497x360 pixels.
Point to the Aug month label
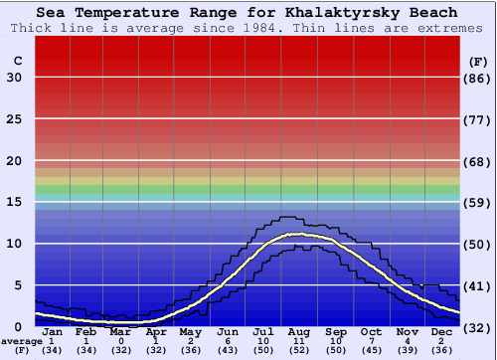(x=300, y=332)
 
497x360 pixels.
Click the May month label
(x=192, y=332)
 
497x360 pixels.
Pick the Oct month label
(x=371, y=332)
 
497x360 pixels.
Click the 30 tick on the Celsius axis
(x=14, y=78)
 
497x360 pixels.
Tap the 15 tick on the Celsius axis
(x=14, y=202)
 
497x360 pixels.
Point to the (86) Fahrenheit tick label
(x=478, y=78)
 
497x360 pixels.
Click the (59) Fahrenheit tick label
(x=478, y=202)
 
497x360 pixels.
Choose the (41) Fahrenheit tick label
(x=478, y=285)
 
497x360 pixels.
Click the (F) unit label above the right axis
(x=477, y=61)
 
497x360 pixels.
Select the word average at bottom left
(x=21, y=341)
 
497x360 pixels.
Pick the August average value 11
(x=300, y=341)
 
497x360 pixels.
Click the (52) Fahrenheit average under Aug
(x=300, y=350)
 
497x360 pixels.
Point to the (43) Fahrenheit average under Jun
(x=228, y=350)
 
